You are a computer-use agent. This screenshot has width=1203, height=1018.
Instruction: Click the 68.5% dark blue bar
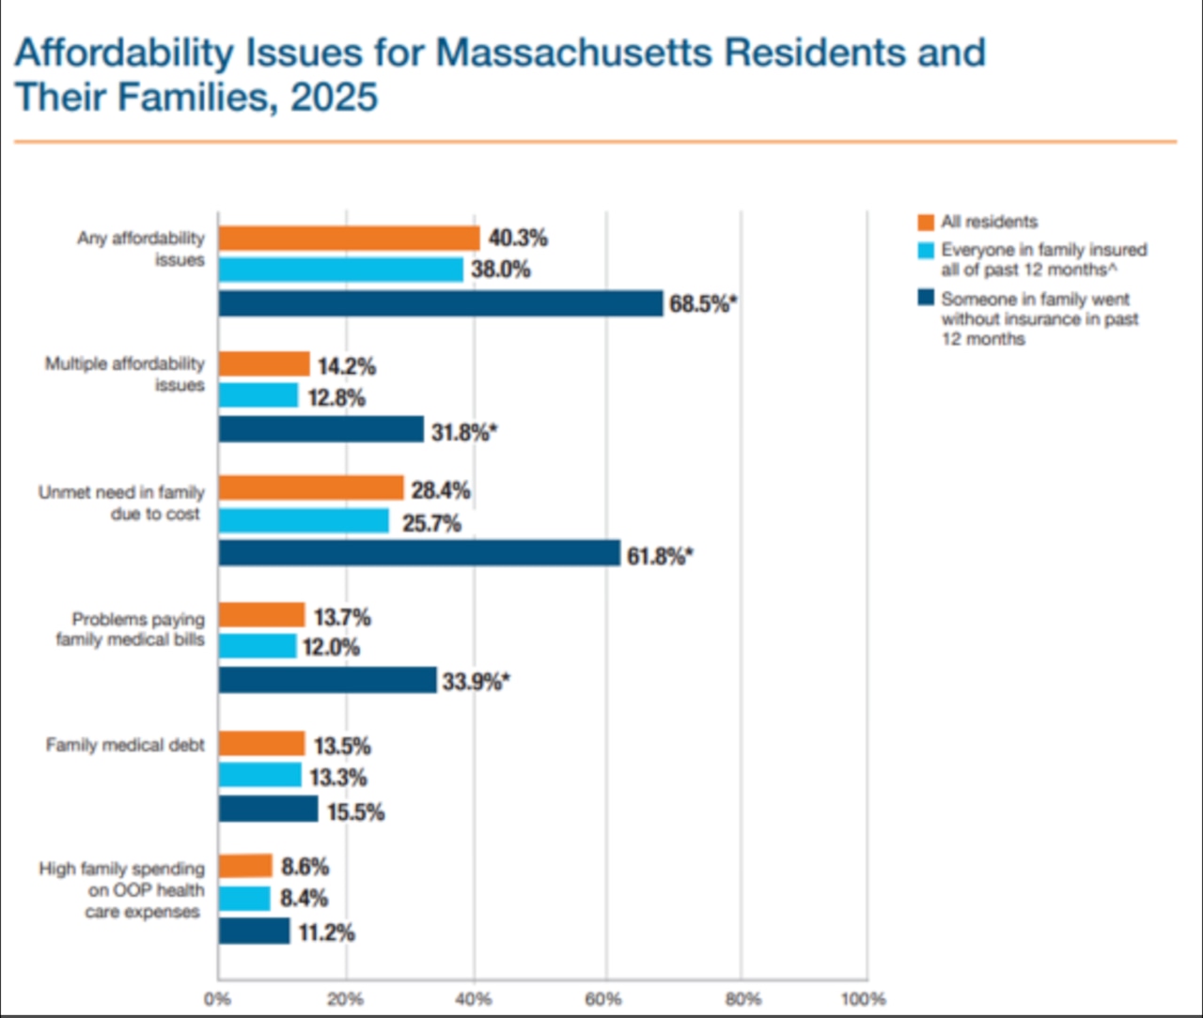coord(440,303)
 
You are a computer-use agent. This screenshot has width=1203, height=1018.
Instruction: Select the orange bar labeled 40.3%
coord(349,239)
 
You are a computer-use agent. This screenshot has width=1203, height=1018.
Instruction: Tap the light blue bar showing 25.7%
coord(304,521)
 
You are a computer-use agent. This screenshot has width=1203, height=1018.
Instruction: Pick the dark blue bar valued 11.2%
coord(254,932)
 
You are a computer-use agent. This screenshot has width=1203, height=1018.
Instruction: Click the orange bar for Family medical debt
coord(261,744)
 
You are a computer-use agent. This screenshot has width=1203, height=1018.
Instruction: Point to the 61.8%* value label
coord(660,557)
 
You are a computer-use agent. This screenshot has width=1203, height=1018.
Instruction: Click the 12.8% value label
coord(336,398)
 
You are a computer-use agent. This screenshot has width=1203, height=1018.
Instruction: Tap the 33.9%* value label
coord(477,682)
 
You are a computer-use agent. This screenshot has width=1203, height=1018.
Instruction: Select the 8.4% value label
coord(304,899)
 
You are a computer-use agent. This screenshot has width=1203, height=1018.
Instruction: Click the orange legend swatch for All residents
coord(926,223)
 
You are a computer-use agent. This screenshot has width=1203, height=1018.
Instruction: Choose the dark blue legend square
coord(926,299)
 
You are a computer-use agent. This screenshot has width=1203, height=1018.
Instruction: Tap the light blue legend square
coord(926,251)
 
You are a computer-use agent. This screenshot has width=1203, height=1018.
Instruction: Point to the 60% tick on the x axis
coord(604,999)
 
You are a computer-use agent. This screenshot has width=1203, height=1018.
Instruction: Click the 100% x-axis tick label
coord(863,999)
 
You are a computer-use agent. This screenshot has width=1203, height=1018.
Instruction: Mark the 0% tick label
coord(217,999)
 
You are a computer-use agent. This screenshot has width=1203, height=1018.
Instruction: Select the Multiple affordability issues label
coord(125,374)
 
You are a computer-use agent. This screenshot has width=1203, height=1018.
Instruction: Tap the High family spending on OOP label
coord(121,890)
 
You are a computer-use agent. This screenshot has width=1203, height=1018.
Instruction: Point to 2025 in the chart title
coord(334,98)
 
